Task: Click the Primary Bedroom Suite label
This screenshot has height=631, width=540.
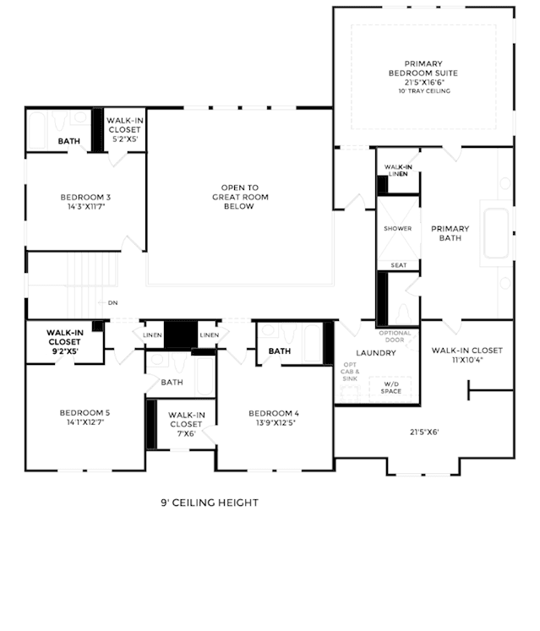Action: click(x=423, y=68)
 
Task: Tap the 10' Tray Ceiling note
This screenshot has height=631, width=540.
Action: click(x=424, y=91)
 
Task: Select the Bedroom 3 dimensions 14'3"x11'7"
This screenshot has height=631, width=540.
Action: click(x=86, y=207)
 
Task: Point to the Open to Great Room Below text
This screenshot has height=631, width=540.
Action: click(x=240, y=197)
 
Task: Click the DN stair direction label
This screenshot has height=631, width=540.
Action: click(x=112, y=302)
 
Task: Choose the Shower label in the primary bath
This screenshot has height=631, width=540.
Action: click(x=398, y=229)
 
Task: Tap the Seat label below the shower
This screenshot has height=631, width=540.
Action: click(x=399, y=265)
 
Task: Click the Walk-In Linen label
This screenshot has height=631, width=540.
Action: click(x=398, y=171)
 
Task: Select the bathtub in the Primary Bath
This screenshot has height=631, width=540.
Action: click(x=496, y=233)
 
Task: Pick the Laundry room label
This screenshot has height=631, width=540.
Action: click(x=376, y=353)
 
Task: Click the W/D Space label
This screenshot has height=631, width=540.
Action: click(x=391, y=388)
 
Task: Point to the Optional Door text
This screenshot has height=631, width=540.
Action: click(x=395, y=336)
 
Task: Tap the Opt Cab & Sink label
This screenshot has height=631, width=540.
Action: click(x=350, y=372)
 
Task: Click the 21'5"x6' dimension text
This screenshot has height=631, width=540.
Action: click(x=424, y=432)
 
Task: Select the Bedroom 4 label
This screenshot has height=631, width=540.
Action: click(x=274, y=413)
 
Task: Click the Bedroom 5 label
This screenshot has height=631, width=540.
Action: click(x=85, y=413)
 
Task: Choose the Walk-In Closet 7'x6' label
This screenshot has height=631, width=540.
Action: click(x=187, y=424)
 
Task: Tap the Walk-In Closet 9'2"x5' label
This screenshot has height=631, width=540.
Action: click(x=65, y=341)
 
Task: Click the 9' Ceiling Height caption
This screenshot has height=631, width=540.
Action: click(x=210, y=503)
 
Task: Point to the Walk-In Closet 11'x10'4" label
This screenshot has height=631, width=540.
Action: click(x=467, y=355)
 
